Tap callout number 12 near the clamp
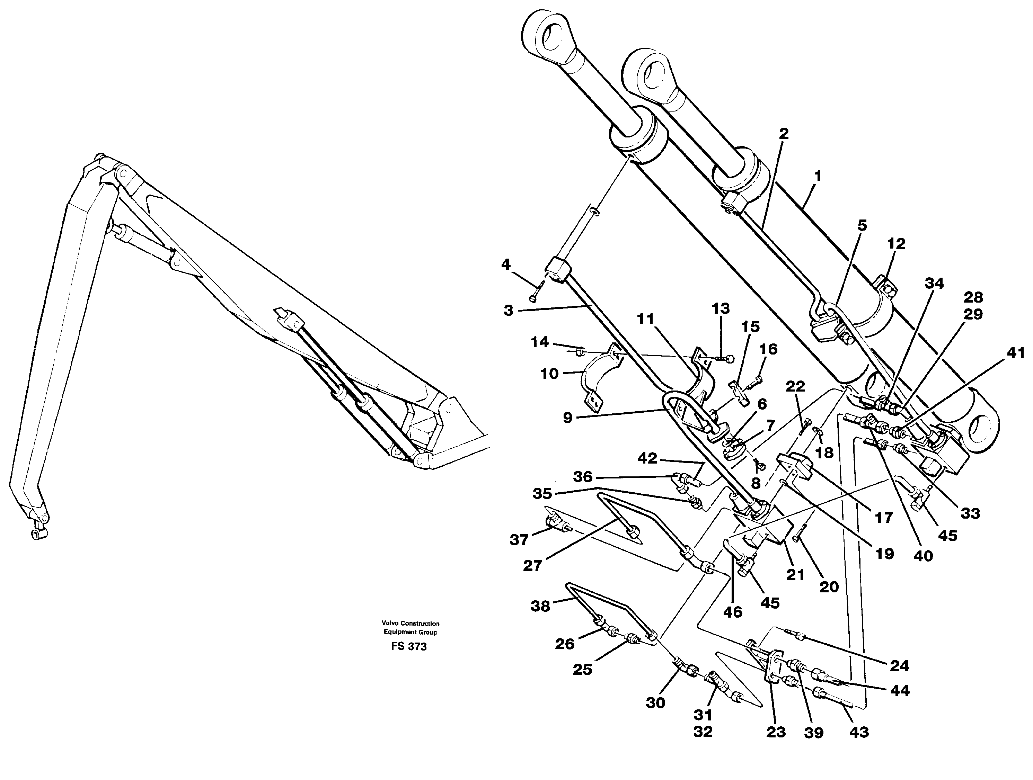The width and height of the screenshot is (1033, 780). (x=896, y=244)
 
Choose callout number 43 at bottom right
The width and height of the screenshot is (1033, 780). (x=859, y=732)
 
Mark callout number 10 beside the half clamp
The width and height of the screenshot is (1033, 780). (x=549, y=374)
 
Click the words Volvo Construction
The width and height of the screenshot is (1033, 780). (x=410, y=624)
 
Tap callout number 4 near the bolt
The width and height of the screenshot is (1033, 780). (x=506, y=265)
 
